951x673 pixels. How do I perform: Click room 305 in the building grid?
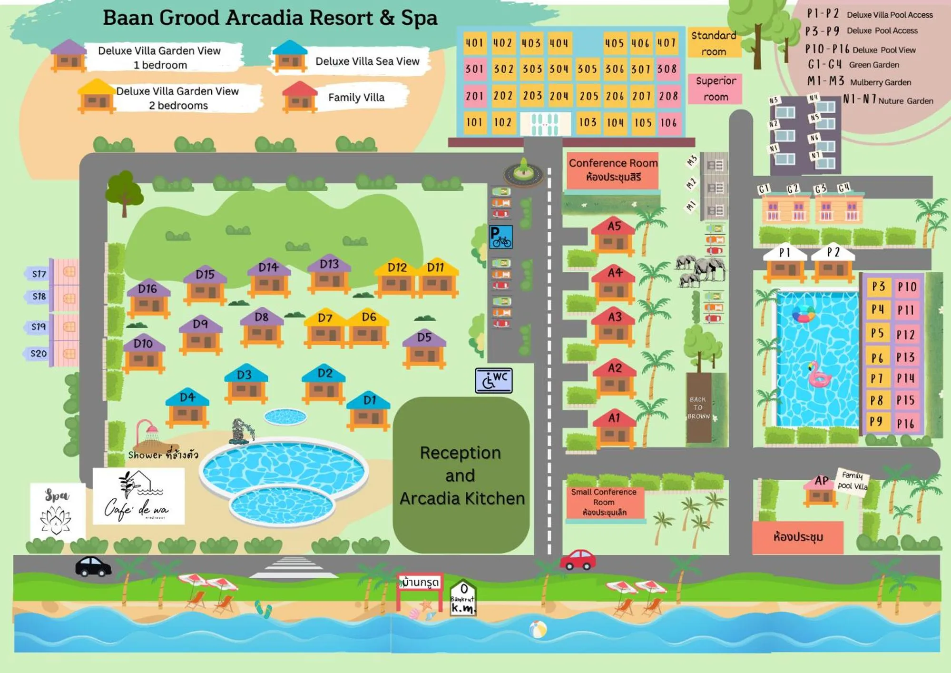coord(587,69)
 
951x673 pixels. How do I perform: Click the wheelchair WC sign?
coord(494,380)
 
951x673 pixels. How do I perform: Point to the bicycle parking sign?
coord(501,237)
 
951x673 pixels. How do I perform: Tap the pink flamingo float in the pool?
coord(819,374)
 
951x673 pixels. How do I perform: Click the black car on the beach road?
coord(93,566)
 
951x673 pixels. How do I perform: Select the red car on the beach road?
coord(578,560)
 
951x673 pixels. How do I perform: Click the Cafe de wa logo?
coord(138,496)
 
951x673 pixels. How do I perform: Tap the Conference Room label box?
coord(613,170)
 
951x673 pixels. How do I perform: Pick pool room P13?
coord(905,357)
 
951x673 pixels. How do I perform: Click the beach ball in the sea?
coord(538,629)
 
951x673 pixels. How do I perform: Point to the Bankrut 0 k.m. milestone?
coord(463,598)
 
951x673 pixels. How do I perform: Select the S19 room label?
coord(39,327)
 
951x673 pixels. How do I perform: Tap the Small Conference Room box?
coord(604,502)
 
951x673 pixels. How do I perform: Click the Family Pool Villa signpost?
coord(852,481)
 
